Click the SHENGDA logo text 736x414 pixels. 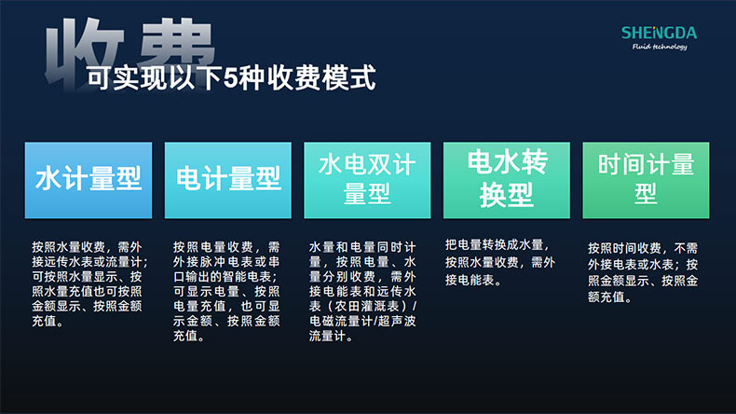[x=659, y=33]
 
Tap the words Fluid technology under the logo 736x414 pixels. [x=659, y=47]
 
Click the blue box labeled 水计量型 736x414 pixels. [x=88, y=180]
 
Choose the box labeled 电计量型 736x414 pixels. [x=228, y=180]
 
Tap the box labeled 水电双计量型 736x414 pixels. [x=367, y=180]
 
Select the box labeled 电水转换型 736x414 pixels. [x=506, y=180]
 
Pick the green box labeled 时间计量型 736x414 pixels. [x=646, y=180]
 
